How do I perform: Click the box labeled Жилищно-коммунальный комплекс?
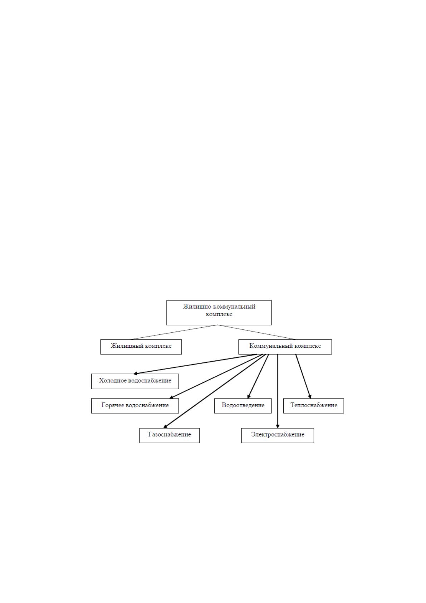(219, 313)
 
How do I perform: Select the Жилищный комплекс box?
(141, 347)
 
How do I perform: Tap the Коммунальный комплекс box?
(285, 347)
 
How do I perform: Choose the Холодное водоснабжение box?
(135, 381)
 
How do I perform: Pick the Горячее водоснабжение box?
(135, 406)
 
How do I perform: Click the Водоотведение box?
(243, 406)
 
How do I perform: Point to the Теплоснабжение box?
(314, 406)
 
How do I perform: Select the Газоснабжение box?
(170, 435)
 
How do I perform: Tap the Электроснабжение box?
(278, 435)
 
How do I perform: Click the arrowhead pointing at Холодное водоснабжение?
(136, 373)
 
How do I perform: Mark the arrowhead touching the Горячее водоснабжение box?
(172, 397)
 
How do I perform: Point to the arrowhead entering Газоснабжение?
(165, 426)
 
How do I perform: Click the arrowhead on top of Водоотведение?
(249, 396)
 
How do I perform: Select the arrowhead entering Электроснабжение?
(278, 426)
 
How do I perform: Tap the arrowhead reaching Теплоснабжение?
(310, 396)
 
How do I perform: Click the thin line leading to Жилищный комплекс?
(174, 332)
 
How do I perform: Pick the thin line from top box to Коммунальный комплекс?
(256, 332)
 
